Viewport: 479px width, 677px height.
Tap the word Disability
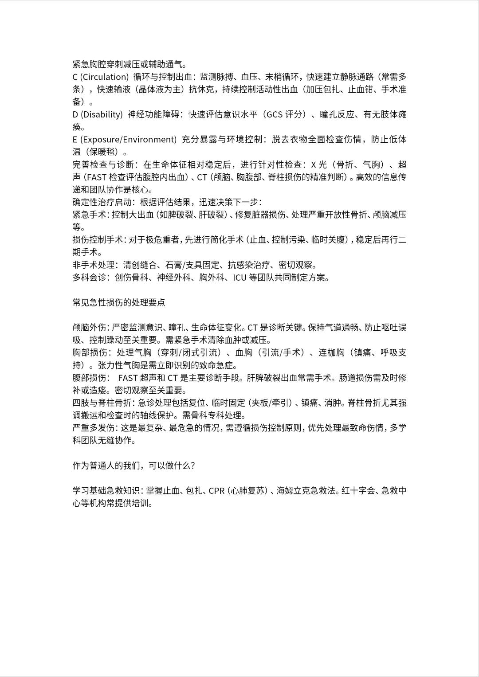(x=102, y=115)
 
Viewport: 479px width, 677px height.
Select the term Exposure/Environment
(x=129, y=140)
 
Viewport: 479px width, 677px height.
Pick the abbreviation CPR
(x=216, y=491)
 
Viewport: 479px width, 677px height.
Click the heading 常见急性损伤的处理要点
(x=119, y=303)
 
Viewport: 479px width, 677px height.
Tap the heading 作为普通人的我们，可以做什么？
(x=134, y=466)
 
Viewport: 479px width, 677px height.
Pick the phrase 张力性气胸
(x=119, y=366)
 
